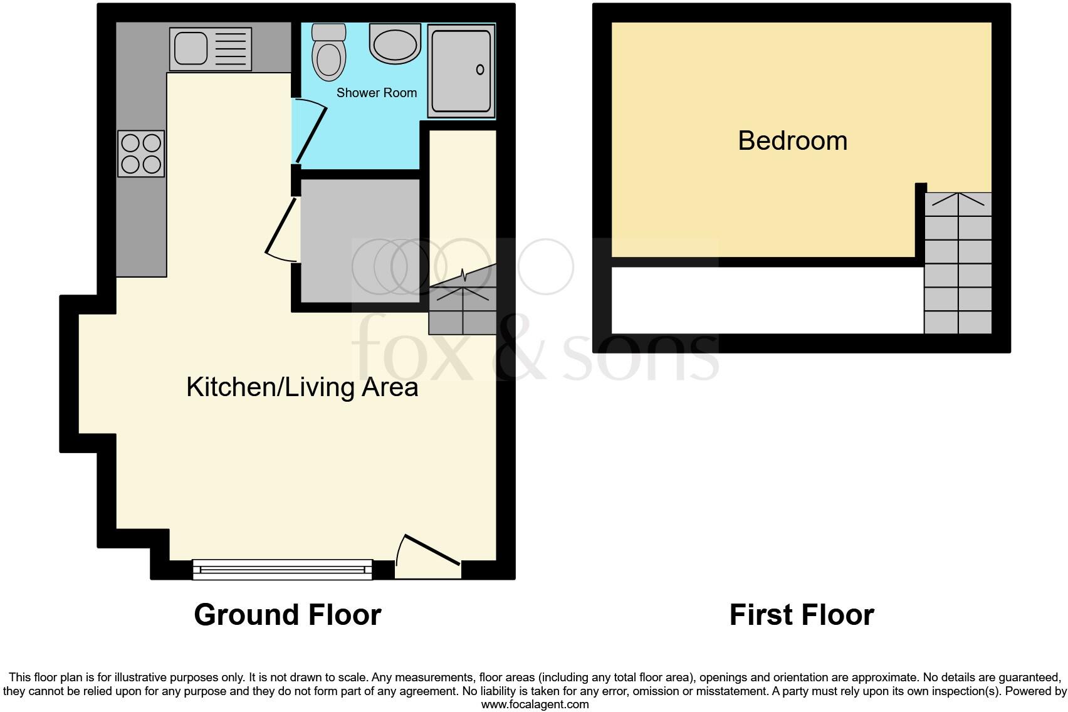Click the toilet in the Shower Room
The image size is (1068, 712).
click(329, 55)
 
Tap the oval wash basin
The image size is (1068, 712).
click(394, 44)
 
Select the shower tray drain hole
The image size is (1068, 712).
click(480, 70)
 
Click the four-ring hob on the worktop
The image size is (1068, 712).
click(141, 154)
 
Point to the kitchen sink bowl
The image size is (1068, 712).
click(191, 48)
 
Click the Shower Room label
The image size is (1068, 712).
click(376, 93)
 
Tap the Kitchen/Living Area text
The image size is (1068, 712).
click(302, 387)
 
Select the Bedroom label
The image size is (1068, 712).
click(792, 140)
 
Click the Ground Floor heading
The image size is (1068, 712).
click(287, 615)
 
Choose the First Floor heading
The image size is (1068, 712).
click(801, 615)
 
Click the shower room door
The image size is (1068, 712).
click(311, 134)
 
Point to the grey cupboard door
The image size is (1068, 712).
click(280, 228)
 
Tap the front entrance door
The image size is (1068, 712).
click(432, 550)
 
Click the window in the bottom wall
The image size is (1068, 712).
click(282, 569)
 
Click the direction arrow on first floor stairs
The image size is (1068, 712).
click(958, 199)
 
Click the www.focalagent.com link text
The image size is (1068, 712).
click(535, 704)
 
